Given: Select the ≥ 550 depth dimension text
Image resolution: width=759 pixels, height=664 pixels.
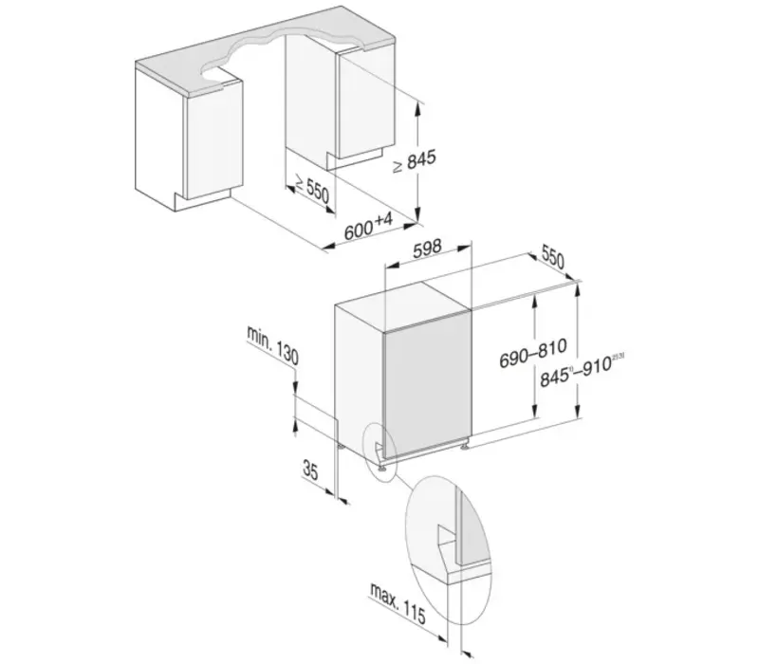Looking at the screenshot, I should (310, 188).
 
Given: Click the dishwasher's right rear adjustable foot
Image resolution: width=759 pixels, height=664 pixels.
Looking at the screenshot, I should (465, 446).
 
